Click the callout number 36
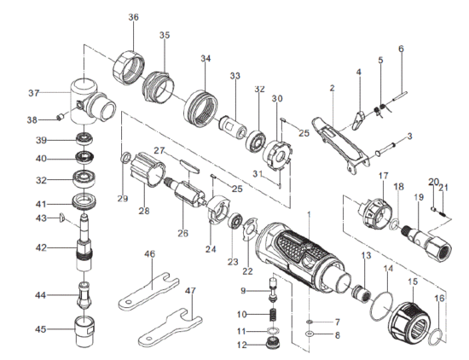(x=134, y=17)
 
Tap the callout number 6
(x=400, y=49)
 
